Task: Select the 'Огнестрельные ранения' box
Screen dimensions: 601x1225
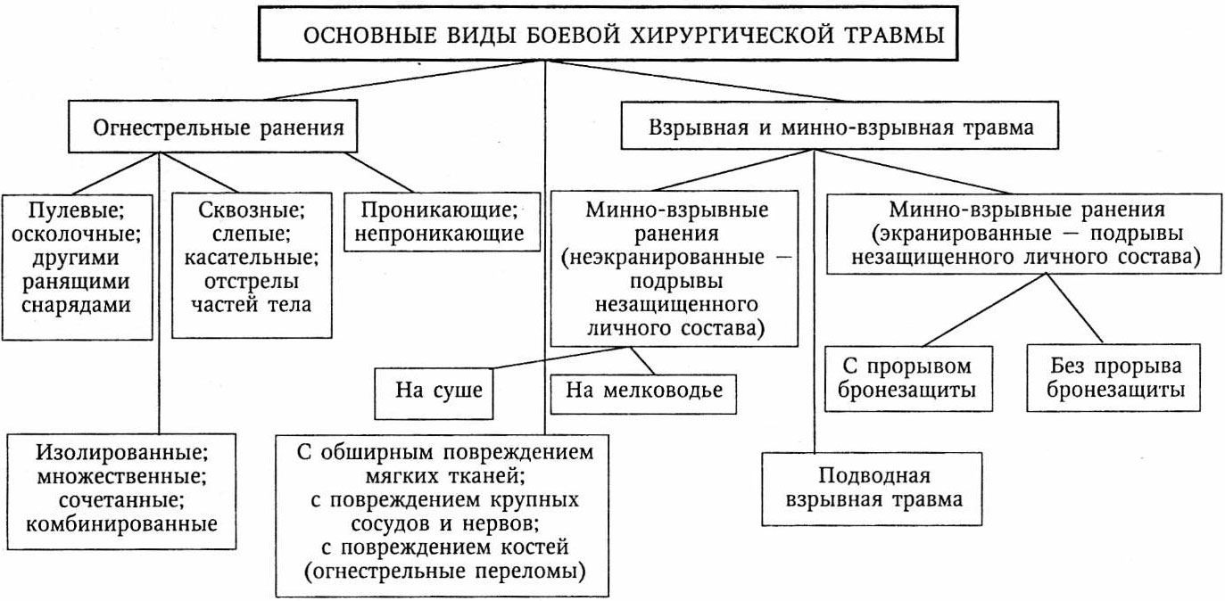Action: pos(219,127)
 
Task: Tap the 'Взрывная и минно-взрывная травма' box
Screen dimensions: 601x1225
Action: pos(839,127)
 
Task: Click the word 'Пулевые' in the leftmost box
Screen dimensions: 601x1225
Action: pos(75,211)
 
